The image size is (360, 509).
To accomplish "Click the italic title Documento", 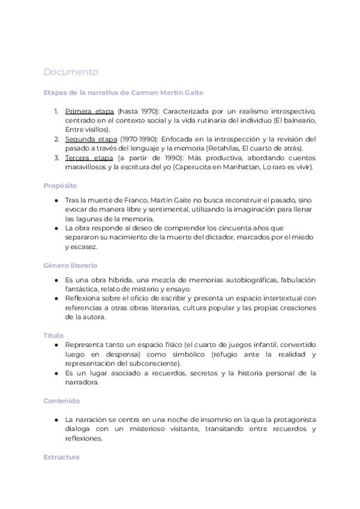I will pos(71,72).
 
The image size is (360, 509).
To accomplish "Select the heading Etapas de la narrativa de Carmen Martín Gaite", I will pos(124,92).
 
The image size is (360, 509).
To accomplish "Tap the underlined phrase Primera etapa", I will pos(89,111).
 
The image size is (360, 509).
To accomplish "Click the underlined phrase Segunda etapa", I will pos(91,139).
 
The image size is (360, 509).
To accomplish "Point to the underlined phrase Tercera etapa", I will pos(89,158).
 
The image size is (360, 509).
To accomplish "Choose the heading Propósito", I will pos(60,186).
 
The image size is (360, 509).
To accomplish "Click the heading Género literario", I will pos(70,265).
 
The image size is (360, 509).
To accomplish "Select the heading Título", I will pos(53,336).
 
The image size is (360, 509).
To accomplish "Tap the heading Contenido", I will pos(62,401).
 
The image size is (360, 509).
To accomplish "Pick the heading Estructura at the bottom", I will pos(61,457).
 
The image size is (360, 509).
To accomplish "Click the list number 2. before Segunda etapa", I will pos(56,139).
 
